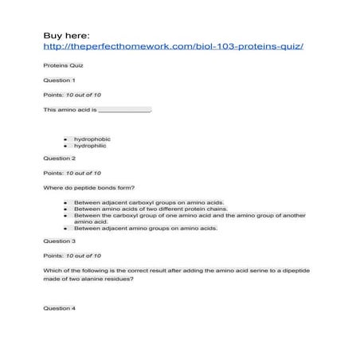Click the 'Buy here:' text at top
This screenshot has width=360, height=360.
click(x=67, y=36)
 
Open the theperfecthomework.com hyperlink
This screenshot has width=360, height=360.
click(x=174, y=46)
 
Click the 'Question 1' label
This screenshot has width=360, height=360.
click(x=60, y=80)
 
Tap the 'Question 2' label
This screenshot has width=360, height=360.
click(x=60, y=158)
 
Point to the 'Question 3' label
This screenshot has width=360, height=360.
click(x=60, y=241)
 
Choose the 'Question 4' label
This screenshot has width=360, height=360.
click(x=60, y=307)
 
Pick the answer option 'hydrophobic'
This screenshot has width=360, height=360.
click(x=92, y=139)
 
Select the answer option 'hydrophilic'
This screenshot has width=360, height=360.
click(x=90, y=146)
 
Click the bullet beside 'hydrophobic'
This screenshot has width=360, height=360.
click(x=65, y=139)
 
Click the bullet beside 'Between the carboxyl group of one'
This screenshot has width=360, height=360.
click(x=65, y=215)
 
